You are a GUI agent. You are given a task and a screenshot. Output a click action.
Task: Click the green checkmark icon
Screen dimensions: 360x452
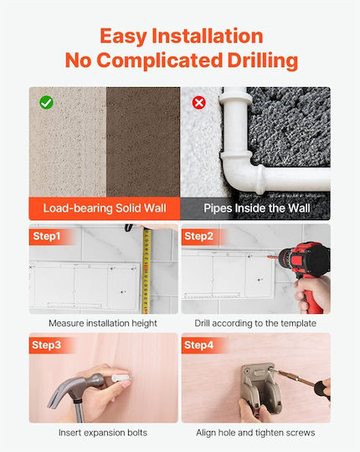(46, 102)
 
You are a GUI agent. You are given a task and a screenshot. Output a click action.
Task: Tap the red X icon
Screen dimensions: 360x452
(199, 103)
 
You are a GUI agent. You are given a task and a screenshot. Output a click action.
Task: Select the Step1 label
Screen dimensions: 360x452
(47, 236)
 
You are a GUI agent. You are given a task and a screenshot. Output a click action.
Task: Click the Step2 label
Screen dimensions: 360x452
(199, 236)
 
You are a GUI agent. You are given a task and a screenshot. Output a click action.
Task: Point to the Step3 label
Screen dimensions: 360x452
(47, 345)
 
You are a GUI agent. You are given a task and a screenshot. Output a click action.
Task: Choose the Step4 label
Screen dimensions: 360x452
(199, 345)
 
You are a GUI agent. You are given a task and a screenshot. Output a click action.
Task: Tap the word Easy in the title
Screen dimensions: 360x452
(123, 37)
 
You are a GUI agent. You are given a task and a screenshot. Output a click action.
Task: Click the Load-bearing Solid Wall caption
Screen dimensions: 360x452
(105, 208)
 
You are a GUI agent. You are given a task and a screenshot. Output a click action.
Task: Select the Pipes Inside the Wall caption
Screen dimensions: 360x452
(257, 208)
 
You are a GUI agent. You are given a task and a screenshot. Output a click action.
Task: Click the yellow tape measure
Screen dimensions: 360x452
(147, 270)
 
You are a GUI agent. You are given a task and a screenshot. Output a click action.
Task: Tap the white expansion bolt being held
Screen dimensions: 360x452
(121, 377)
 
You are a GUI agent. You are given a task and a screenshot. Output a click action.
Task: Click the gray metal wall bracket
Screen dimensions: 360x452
(261, 388)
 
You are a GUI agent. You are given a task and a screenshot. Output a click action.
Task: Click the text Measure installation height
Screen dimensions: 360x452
(103, 323)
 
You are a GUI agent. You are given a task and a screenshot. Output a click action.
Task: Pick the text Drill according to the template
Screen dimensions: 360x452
(255, 323)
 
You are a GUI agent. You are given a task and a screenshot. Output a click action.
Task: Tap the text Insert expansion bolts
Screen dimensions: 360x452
(103, 433)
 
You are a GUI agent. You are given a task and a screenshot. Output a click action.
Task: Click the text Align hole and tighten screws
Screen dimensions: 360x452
(255, 433)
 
